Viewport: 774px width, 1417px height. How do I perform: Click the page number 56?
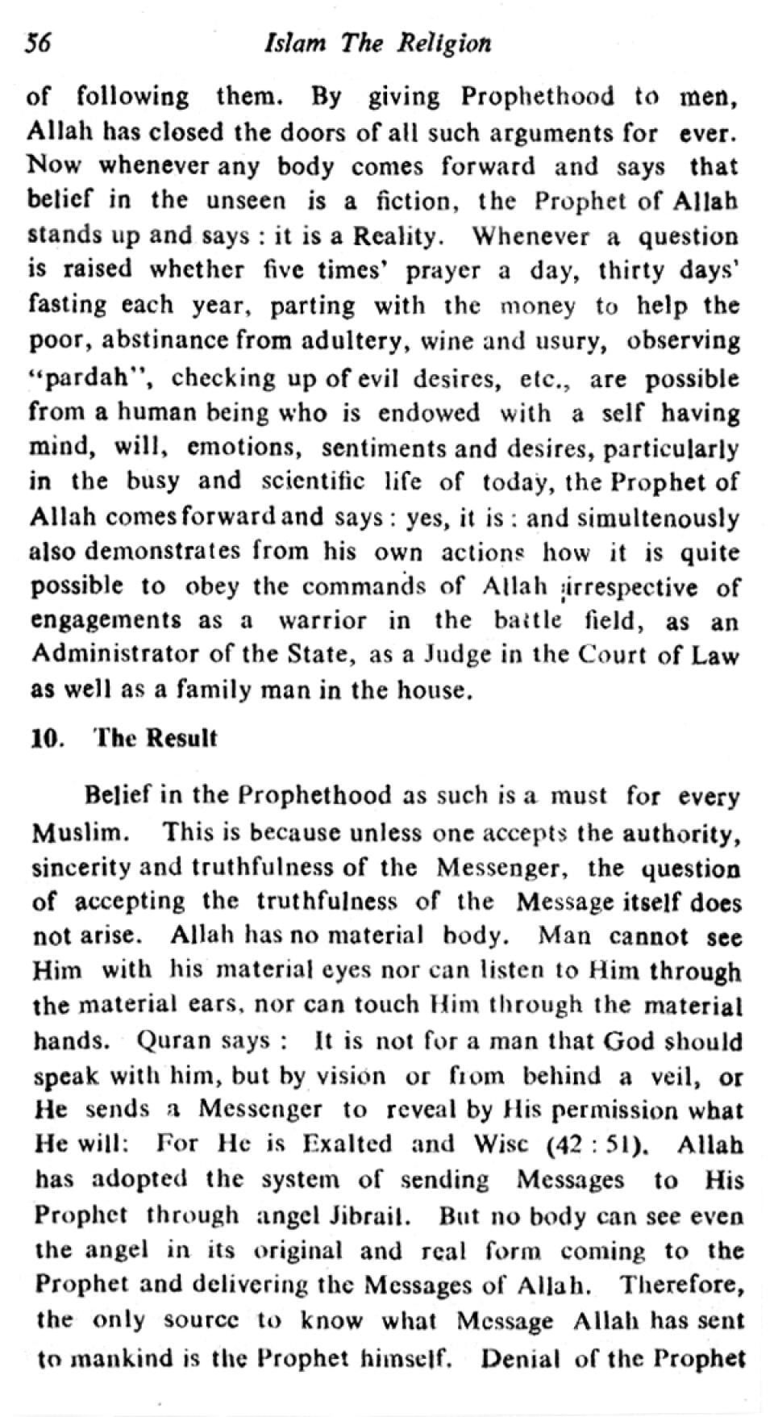click(x=39, y=43)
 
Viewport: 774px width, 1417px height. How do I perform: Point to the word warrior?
click(x=322, y=621)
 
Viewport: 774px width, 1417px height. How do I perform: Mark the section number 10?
click(x=48, y=739)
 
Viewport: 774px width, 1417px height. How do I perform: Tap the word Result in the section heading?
click(x=182, y=739)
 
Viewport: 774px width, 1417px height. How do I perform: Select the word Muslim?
click(x=79, y=832)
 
